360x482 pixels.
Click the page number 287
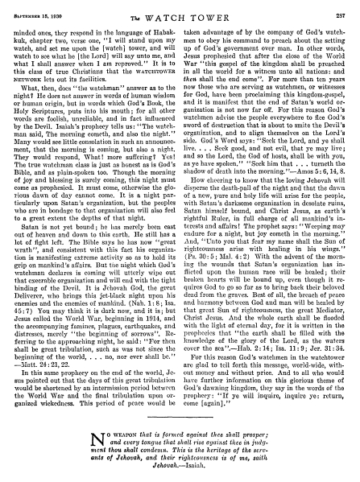tap(342, 7)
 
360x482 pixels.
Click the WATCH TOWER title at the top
tap(180, 8)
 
